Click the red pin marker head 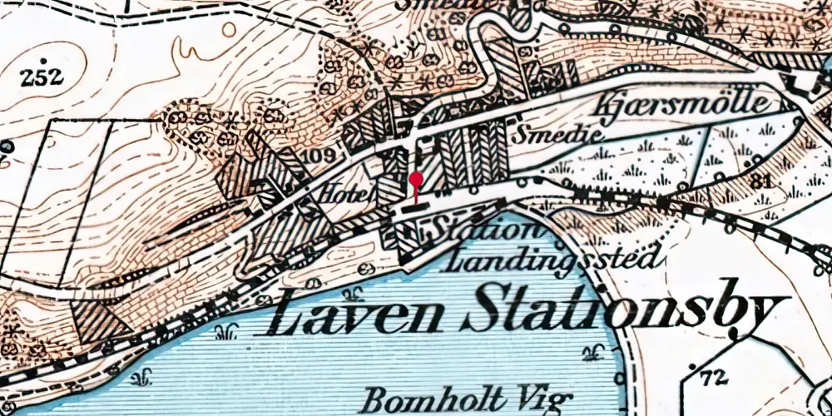point(415,179)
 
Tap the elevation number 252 point(43,77)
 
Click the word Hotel point(345,196)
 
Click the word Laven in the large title point(358,315)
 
